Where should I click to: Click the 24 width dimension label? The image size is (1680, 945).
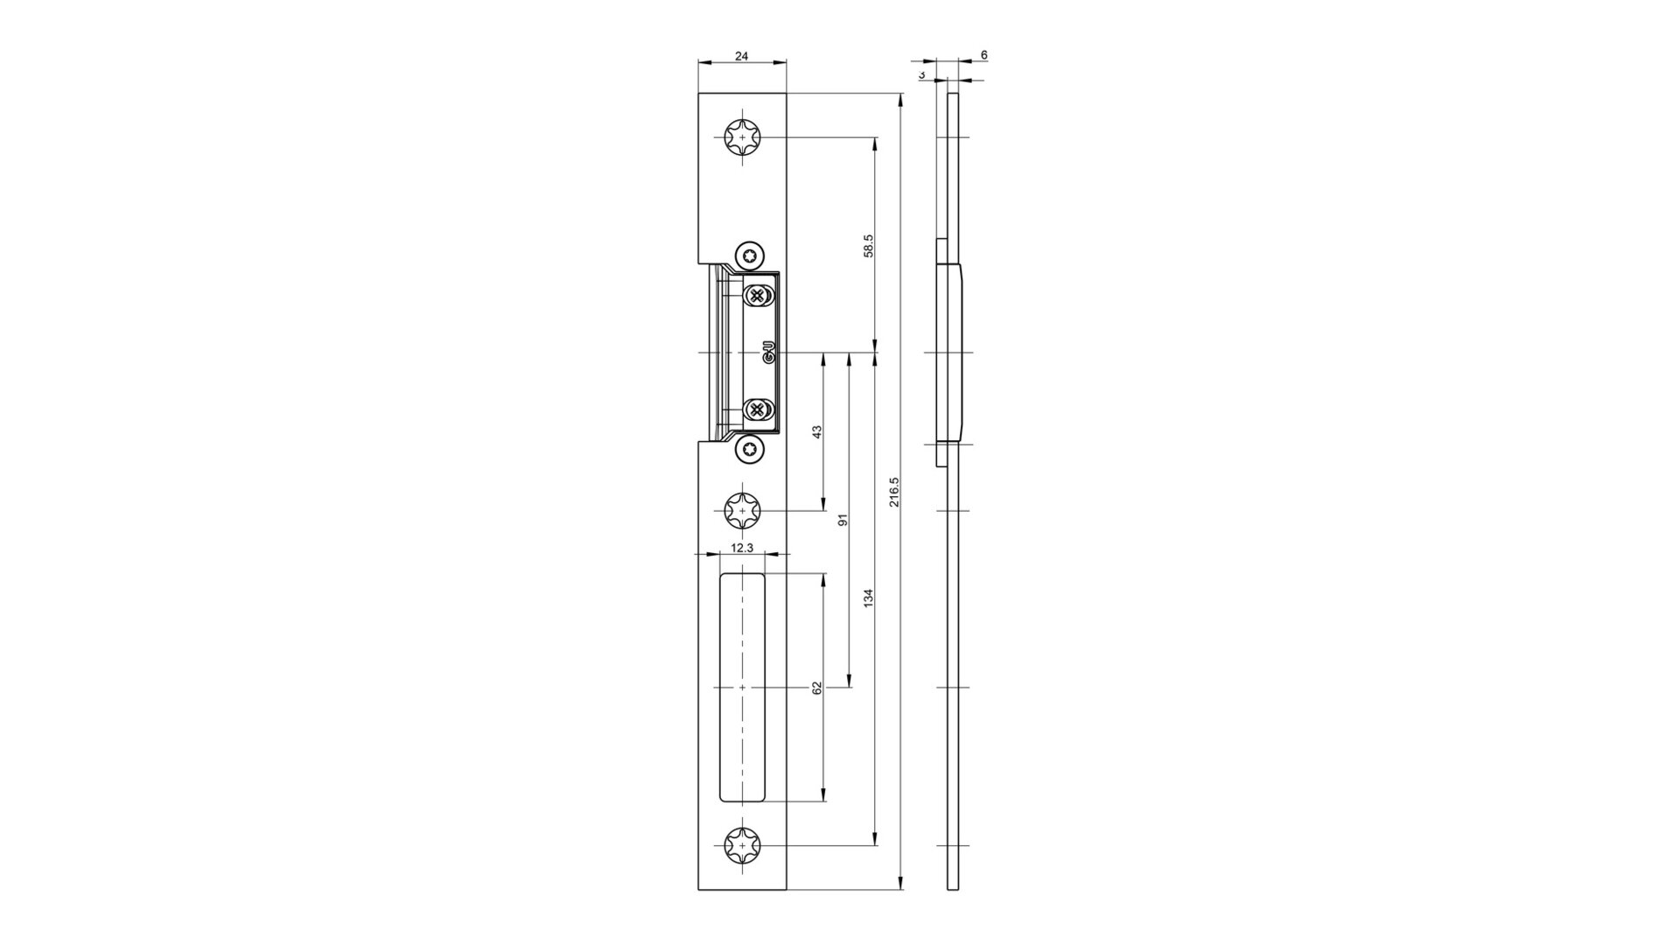point(741,56)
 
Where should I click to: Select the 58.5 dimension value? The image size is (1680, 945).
point(869,246)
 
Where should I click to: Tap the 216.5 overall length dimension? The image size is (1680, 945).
point(893,493)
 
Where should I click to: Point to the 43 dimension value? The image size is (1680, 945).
point(817,432)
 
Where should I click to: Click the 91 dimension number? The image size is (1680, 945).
point(843,520)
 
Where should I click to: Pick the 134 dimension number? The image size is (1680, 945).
point(868,598)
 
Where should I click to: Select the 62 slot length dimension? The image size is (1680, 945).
point(817,688)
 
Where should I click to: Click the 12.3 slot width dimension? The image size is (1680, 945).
point(741,548)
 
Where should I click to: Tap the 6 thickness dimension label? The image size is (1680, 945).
point(984,55)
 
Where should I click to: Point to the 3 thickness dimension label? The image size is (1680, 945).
point(922,75)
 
